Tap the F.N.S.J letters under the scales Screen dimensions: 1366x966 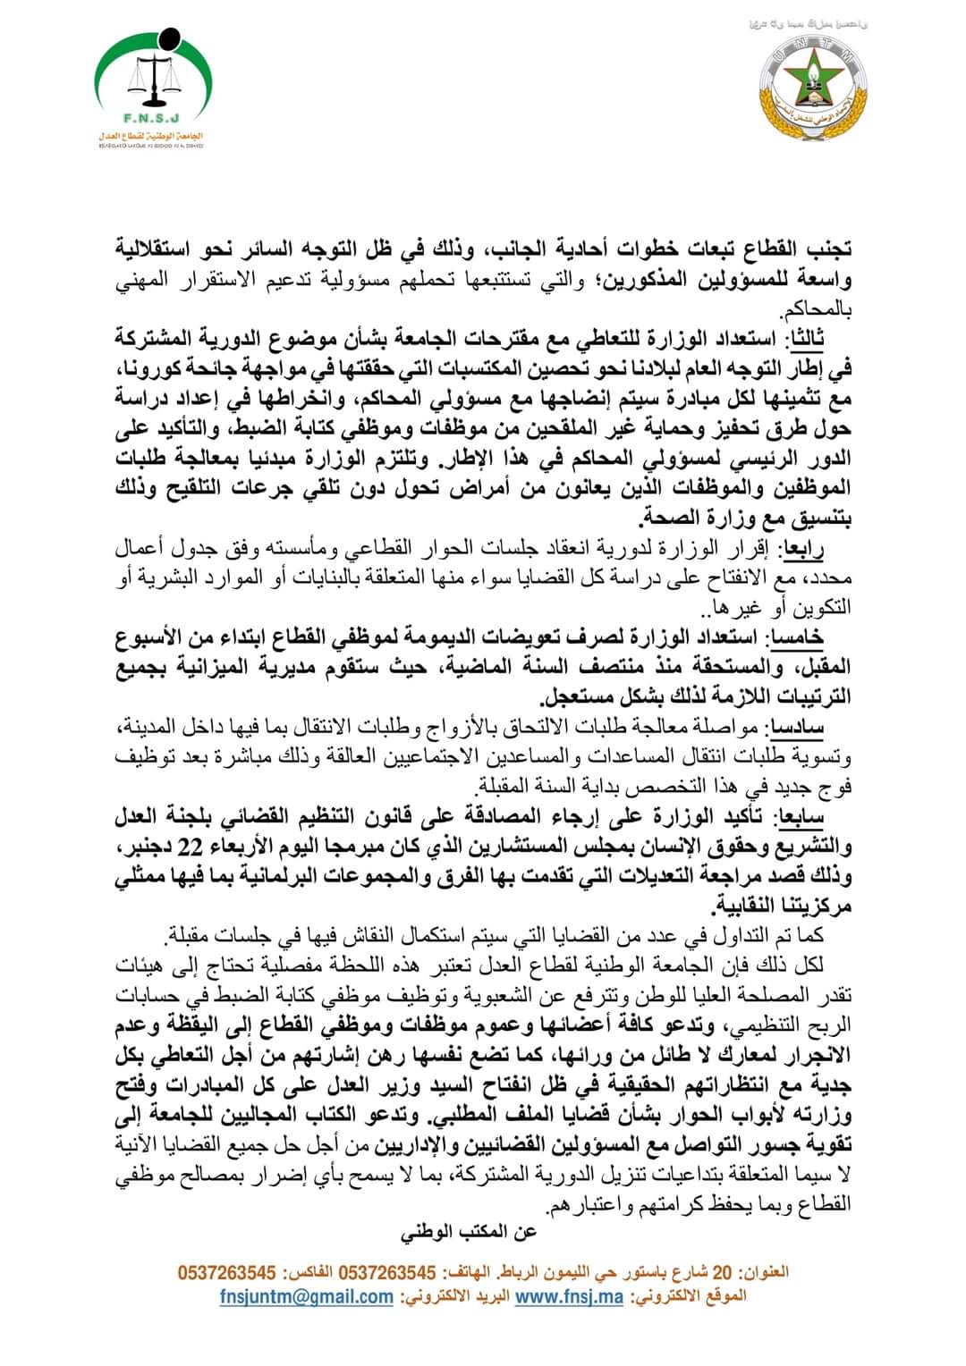pyautogui.click(x=150, y=117)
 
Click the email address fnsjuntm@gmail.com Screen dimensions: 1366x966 pyautogui.click(x=307, y=1296)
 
